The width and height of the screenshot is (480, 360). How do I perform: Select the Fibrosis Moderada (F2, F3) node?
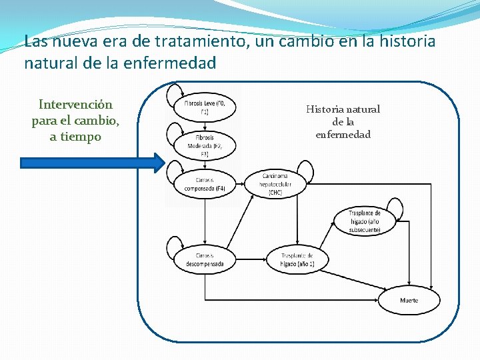tap(205, 145)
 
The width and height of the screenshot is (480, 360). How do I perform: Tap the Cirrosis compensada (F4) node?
tap(205, 184)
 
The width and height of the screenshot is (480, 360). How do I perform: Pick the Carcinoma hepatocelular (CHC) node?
tap(275, 184)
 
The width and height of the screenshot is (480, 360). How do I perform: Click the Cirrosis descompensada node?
tap(205, 260)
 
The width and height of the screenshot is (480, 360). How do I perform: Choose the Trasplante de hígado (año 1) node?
tap(297, 260)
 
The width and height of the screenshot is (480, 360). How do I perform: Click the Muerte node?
tap(409, 300)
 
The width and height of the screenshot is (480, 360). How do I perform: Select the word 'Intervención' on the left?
tap(75, 105)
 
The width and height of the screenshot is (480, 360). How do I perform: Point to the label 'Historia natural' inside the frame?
tap(343, 109)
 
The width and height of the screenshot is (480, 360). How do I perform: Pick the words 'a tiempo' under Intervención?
tap(75, 137)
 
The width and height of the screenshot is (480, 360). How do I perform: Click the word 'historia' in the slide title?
tap(405, 42)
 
